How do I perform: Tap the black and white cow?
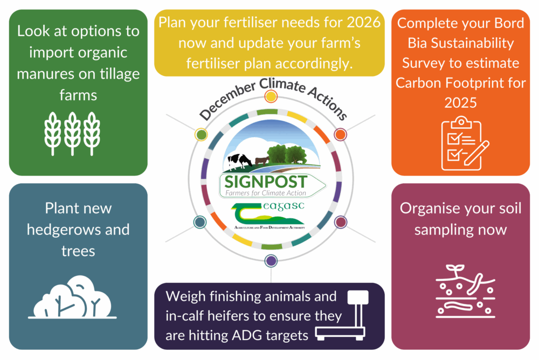pyautogui.click(x=239, y=160)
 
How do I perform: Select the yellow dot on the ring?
pyautogui.click(x=271, y=96)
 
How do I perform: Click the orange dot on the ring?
pyautogui.click(x=340, y=134)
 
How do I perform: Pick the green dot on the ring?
pyautogui.click(x=201, y=134)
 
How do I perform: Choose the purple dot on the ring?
pyautogui.click(x=271, y=261)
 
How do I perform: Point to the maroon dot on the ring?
pyautogui.click(x=341, y=221)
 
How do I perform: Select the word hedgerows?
pyautogui.click(x=78, y=230)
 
